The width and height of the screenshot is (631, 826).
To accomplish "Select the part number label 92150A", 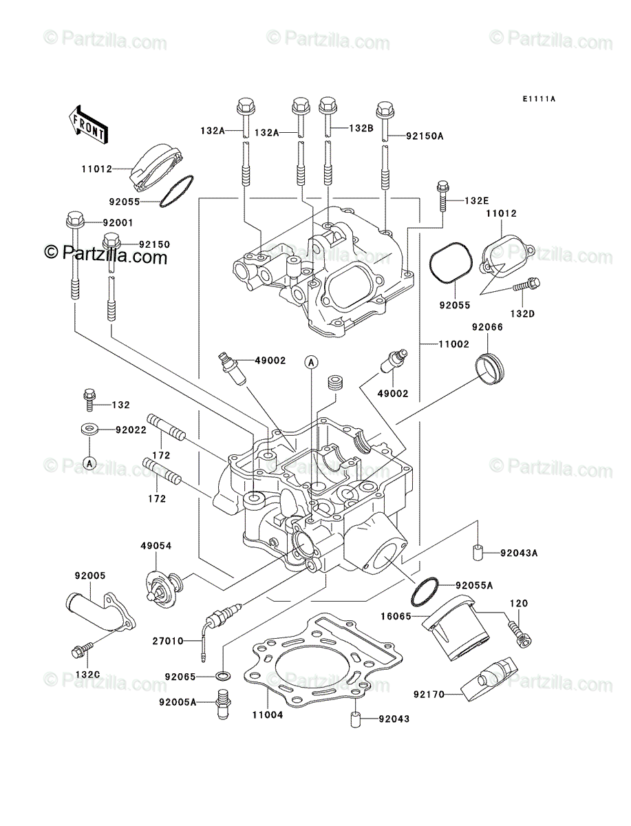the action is pyautogui.click(x=424, y=136).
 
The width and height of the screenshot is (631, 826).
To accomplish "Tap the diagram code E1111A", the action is pyautogui.click(x=539, y=99).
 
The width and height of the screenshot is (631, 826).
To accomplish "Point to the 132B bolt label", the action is pyautogui.click(x=361, y=128).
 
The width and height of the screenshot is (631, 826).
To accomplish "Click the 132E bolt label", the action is pyautogui.click(x=476, y=200).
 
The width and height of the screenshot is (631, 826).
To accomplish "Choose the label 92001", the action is pyautogui.click(x=118, y=223).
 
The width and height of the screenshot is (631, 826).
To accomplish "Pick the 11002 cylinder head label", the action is pyautogui.click(x=453, y=344).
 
